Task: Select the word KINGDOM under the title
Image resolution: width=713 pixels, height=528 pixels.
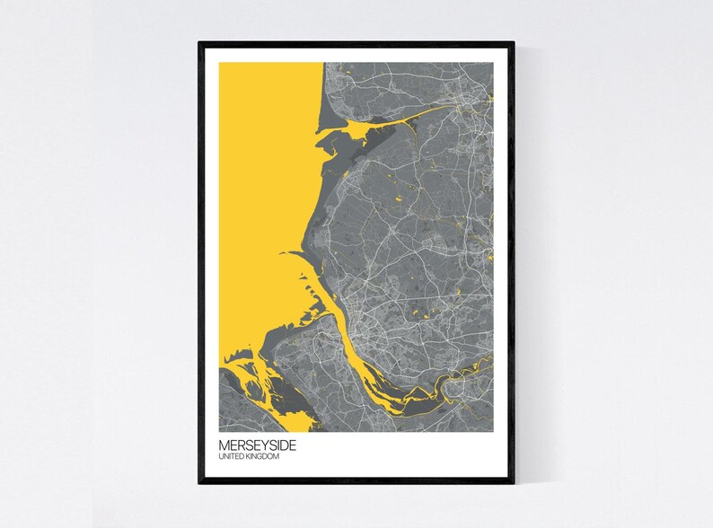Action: (263, 457)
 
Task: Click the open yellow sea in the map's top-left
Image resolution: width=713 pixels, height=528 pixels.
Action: (260, 135)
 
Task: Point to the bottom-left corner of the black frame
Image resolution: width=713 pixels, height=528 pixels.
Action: (200, 481)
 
